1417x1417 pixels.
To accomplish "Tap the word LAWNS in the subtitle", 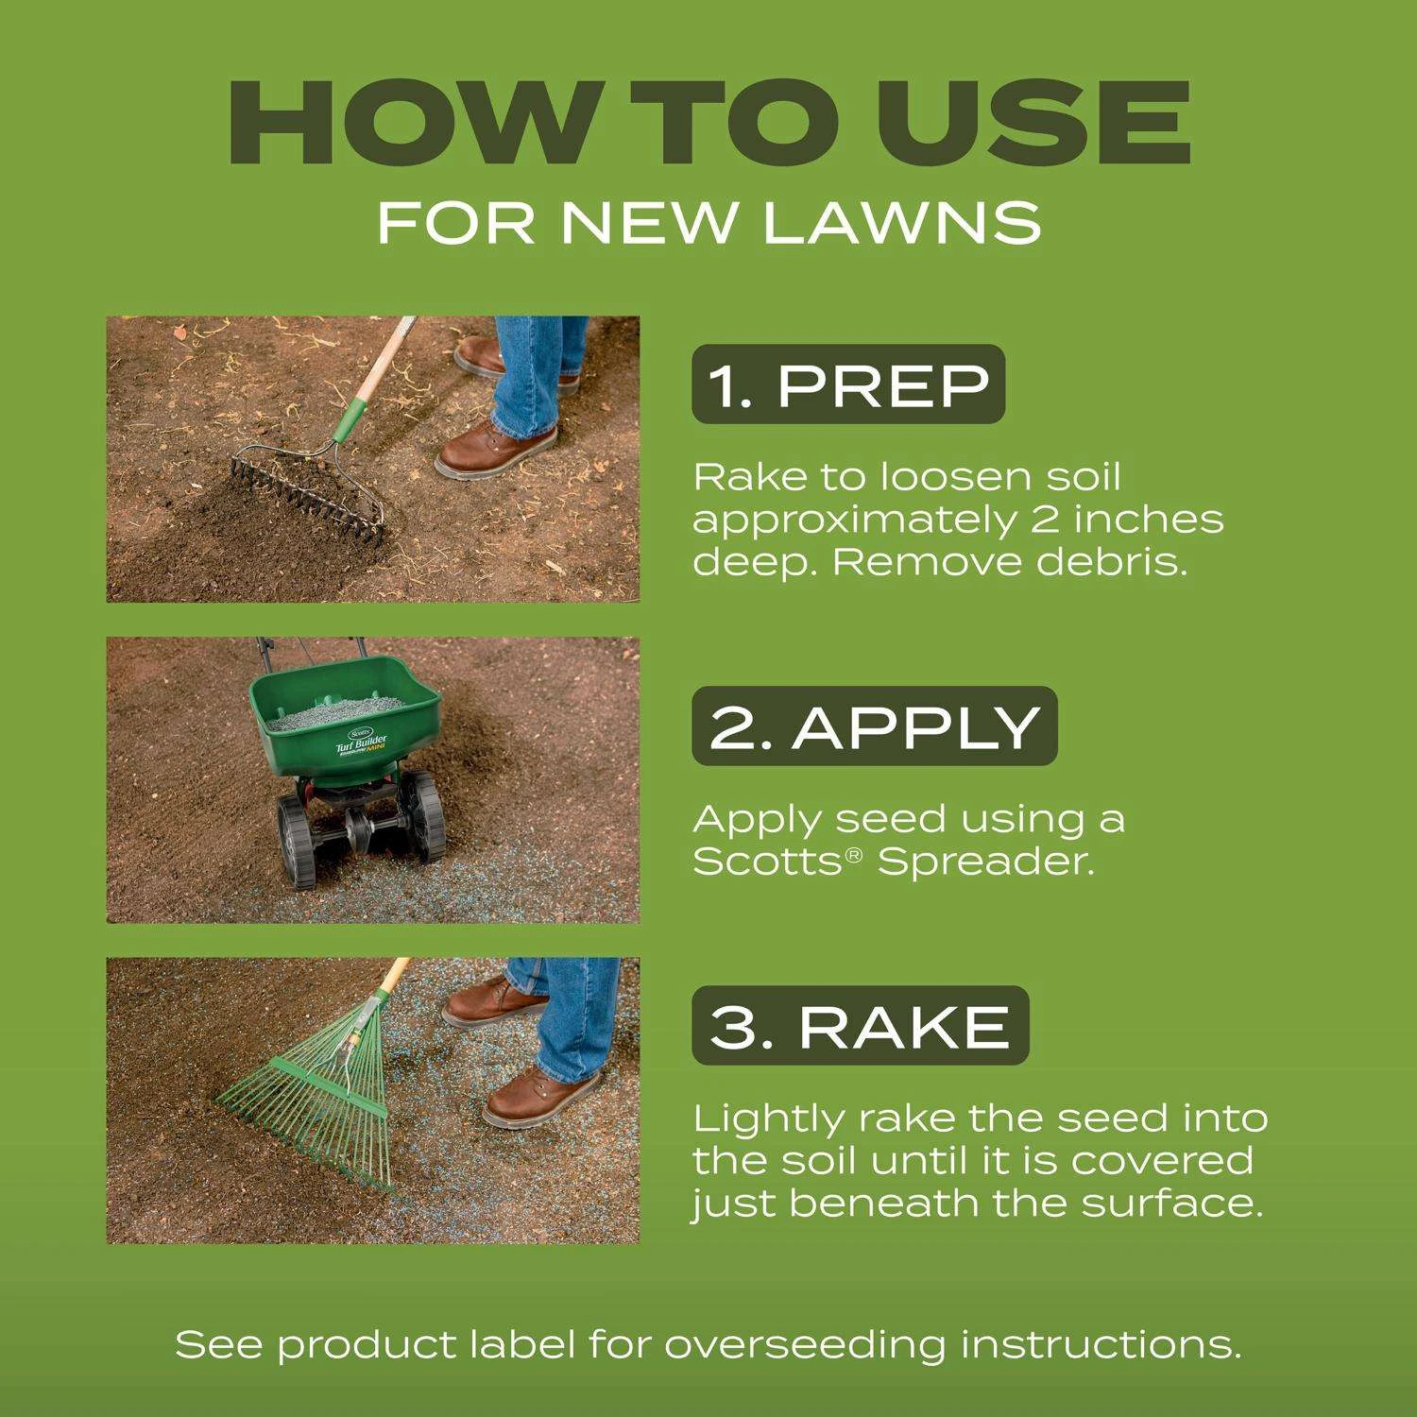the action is (x=902, y=222).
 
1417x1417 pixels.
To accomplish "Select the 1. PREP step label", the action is (x=848, y=384).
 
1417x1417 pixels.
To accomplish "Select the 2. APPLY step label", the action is (x=875, y=726).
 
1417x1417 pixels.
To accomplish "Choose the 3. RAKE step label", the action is (x=861, y=1026).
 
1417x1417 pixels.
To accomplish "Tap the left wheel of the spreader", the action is (x=299, y=841).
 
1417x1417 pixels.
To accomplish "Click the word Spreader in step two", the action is (x=986, y=862).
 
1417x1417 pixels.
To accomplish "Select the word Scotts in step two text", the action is (x=768, y=862).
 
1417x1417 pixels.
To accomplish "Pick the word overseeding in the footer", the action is (x=805, y=1345).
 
